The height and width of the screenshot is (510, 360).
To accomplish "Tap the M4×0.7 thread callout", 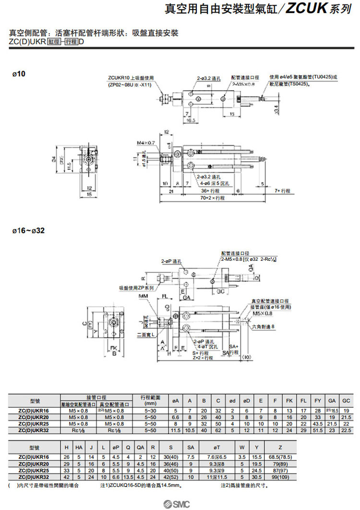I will pos(145,143).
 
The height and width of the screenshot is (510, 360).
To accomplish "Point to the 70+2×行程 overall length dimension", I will pos(213,197).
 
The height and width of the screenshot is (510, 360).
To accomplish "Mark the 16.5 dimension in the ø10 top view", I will pos(190,121).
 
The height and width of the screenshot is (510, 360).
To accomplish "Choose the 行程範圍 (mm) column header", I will pos(151,401).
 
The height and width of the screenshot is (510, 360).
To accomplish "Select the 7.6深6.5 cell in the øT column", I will pos(216,457).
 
